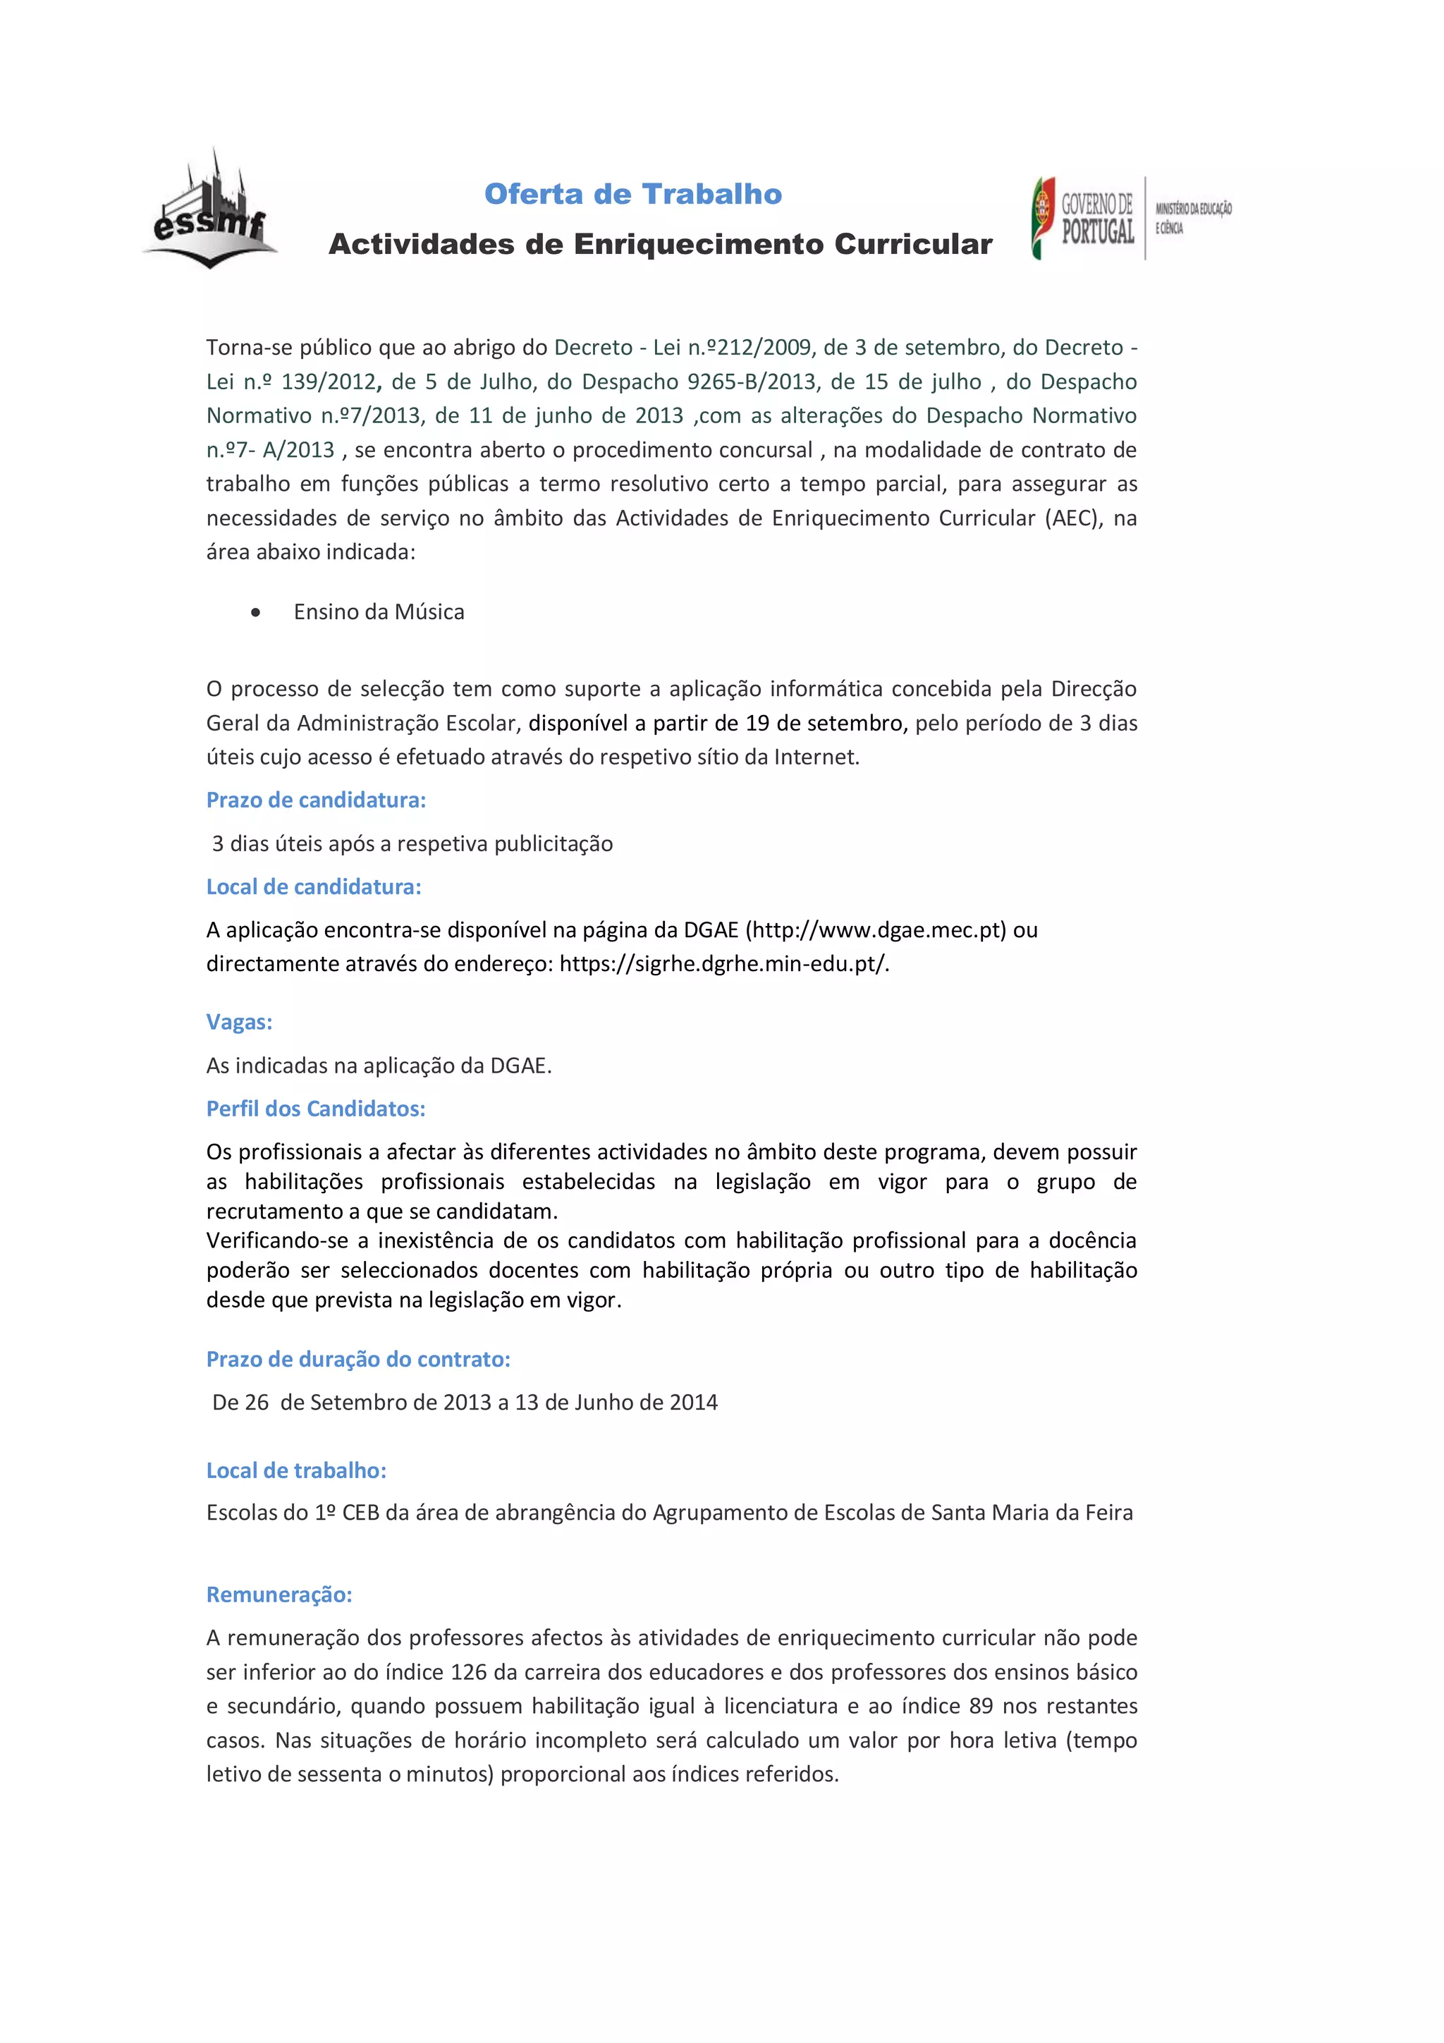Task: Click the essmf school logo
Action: tap(210, 212)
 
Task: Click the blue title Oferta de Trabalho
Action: tap(632, 194)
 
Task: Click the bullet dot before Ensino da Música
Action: tap(256, 612)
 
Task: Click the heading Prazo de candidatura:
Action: tap(316, 800)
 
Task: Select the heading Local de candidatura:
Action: tap(313, 887)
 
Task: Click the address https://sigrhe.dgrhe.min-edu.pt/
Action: tap(723, 963)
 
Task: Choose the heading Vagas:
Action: tap(239, 1021)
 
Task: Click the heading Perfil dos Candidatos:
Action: tap(316, 1109)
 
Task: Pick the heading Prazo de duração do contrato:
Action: tap(357, 1359)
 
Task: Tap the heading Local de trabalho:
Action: tap(296, 1471)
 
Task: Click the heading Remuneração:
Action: tap(279, 1594)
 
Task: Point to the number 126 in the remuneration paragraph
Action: tap(469, 1672)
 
